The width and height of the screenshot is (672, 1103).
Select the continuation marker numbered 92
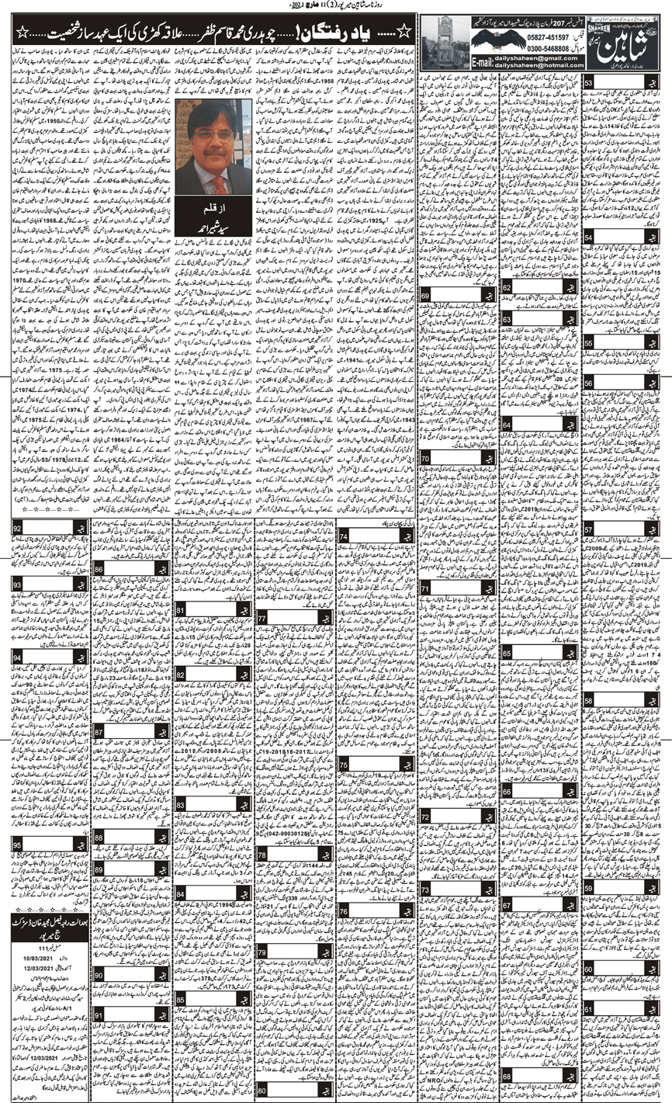coord(16,529)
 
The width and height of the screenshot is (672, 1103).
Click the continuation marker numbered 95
coord(16,842)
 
